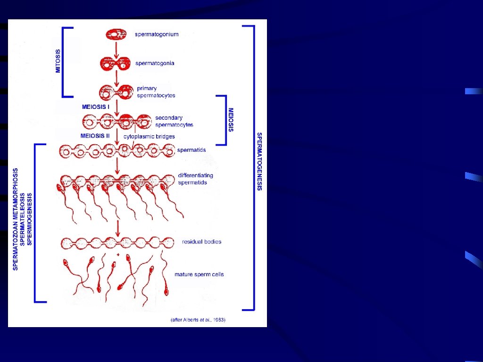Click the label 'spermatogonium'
pyautogui.click(x=157, y=34)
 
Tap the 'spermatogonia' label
pyautogui.click(x=155, y=63)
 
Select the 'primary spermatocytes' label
pyautogui.click(x=156, y=92)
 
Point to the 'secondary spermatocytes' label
pyautogui.click(x=174, y=121)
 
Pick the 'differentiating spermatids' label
pyautogui.click(x=195, y=179)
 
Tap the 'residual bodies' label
pyautogui.click(x=201, y=242)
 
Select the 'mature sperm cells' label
pyautogui.click(x=199, y=274)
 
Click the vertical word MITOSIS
pyautogui.click(x=58, y=61)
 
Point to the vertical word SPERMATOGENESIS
pyautogui.click(x=259, y=161)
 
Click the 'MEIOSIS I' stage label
pyautogui.click(x=96, y=107)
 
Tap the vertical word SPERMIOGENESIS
pyautogui.click(x=30, y=219)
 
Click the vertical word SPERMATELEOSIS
pyautogui.click(x=23, y=219)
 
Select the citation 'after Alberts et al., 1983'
pyautogui.click(x=198, y=320)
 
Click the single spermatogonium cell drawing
pyautogui.click(x=116, y=34)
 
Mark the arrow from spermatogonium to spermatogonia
pyautogui.click(x=116, y=49)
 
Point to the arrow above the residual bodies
pyautogui.click(x=117, y=229)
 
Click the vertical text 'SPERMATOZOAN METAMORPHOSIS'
pyautogui.click(x=16, y=219)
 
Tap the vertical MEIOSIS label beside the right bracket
pyautogui.click(x=231, y=120)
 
